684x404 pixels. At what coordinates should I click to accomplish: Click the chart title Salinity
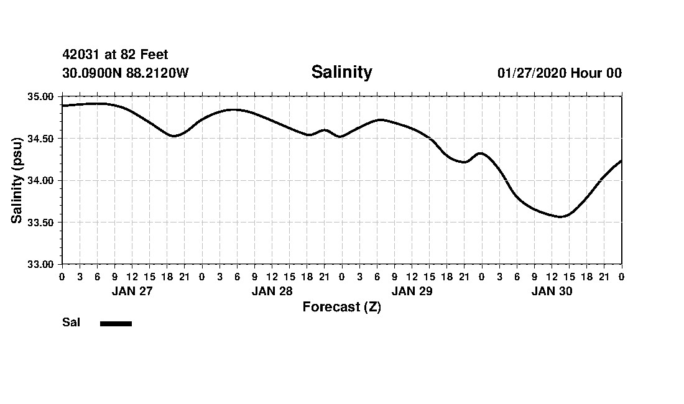coord(341,72)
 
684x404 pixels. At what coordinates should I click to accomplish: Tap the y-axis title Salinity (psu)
coord(17,180)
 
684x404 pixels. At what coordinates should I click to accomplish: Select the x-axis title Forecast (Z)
coord(341,307)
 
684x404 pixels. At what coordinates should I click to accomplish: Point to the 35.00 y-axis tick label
coord(42,97)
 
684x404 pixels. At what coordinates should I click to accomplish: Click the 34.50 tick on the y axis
coord(42,139)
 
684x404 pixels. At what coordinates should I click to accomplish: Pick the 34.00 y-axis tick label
coord(42,180)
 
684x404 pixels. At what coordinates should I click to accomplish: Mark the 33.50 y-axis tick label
coord(42,223)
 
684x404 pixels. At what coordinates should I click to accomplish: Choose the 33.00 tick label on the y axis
coord(42,264)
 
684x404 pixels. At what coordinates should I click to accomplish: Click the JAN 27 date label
coord(132,291)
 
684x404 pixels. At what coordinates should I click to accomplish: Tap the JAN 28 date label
coord(272,291)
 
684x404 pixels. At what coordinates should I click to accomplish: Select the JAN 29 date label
coord(412,291)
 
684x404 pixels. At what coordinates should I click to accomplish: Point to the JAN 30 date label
coord(552,291)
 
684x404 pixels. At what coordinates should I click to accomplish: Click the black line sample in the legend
coord(116,323)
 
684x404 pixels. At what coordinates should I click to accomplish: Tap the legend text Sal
coord(71,323)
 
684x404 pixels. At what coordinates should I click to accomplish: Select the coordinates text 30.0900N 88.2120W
coord(126,73)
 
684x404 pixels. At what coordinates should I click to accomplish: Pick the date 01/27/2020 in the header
coord(531,73)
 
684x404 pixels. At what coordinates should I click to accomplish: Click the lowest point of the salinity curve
coord(560,216)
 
